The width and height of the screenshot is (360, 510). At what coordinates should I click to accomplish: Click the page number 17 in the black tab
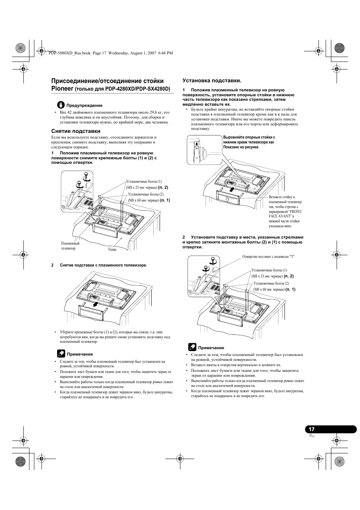point(311,429)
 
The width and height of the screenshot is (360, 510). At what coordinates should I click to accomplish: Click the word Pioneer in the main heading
point(62,88)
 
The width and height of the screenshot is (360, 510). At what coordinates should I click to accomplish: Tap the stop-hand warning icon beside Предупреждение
point(61,105)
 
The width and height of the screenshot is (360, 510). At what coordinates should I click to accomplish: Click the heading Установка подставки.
point(212,80)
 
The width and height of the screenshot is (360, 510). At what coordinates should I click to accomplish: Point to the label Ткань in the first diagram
point(112,249)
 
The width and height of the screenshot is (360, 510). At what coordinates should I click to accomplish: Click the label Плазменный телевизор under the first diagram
point(70,246)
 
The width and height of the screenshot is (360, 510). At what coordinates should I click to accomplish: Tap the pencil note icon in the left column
point(61,354)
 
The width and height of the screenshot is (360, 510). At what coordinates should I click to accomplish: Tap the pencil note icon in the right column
point(192,347)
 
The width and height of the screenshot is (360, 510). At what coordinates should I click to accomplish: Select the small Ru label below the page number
point(312,436)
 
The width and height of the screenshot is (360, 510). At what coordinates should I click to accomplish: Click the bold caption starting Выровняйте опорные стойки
point(249,142)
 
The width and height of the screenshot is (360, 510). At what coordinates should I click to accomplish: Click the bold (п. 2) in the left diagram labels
point(163,187)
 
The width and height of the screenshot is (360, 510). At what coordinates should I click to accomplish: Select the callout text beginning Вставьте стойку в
point(285,211)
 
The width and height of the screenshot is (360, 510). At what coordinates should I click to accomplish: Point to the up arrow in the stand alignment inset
point(197,143)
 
